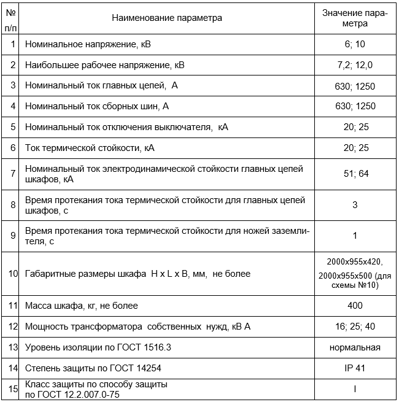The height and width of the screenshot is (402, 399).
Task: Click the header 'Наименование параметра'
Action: pos(167,18)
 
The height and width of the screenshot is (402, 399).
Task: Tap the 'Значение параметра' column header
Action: pos(355,18)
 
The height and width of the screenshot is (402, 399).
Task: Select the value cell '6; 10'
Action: pos(355,45)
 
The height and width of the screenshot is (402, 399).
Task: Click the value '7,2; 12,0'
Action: pos(355,64)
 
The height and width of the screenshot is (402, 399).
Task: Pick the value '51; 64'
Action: pos(355,174)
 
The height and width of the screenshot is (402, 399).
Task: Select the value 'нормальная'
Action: pos(355,347)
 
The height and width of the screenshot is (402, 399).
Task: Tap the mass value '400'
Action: pos(355,305)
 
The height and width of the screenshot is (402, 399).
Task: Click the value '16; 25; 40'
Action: pos(355,327)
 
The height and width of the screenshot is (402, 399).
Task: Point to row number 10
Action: pos(13,273)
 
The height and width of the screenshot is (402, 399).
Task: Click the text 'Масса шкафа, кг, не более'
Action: pos(82,305)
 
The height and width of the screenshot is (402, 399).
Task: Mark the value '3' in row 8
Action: pos(355,205)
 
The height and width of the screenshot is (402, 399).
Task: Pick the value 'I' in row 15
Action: pos(355,388)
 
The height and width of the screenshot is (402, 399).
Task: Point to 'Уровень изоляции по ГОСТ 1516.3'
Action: pos(98,347)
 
